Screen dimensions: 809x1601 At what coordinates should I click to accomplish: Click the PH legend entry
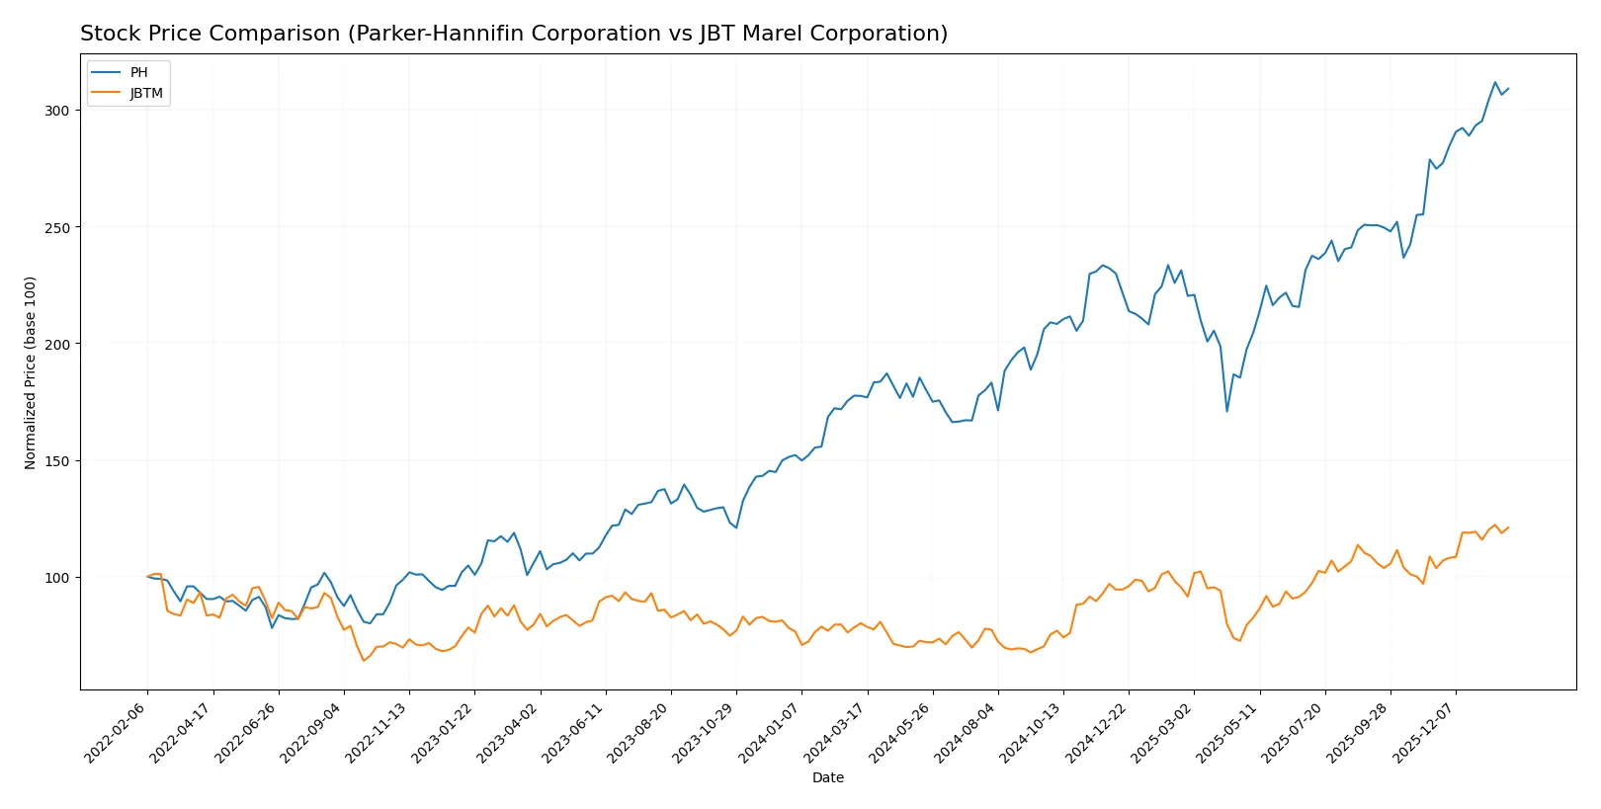tap(138, 72)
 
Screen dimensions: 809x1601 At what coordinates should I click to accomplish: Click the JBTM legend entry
tap(146, 94)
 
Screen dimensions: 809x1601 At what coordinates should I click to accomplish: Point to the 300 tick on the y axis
tap(56, 111)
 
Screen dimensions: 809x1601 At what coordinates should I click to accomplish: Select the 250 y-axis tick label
tap(56, 227)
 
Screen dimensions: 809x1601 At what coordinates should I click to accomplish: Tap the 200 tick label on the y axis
tap(56, 344)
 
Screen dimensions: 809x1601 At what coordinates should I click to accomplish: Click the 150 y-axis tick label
tap(56, 461)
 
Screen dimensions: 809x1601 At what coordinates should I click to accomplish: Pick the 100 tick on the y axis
tap(56, 578)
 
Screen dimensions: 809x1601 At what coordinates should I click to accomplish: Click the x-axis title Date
tap(827, 777)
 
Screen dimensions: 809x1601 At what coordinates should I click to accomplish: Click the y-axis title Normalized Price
tap(30, 372)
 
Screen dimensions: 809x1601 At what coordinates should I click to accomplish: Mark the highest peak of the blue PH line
tap(1494, 83)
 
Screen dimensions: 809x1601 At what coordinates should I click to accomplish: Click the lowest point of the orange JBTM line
tap(363, 660)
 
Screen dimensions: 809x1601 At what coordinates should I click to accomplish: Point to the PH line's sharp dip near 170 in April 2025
tap(1226, 411)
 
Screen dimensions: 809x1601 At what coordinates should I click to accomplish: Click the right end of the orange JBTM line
tap(1508, 527)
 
